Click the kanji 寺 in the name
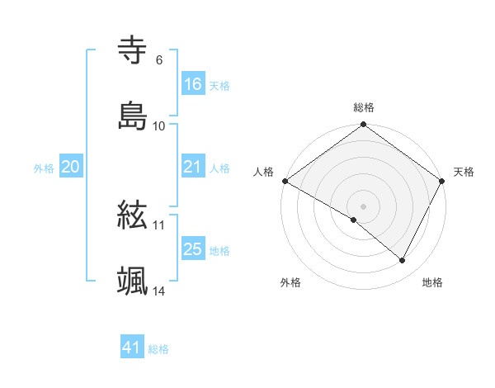(x=133, y=50)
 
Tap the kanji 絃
(x=133, y=215)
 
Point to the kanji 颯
(x=133, y=282)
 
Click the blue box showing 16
(x=193, y=84)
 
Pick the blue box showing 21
(x=193, y=167)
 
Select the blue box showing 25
(x=193, y=250)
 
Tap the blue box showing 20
(x=70, y=167)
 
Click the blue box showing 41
(x=132, y=348)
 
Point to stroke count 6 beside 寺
(x=158, y=60)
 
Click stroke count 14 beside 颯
(x=158, y=291)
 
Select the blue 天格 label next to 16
(x=219, y=85)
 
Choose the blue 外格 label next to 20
(x=44, y=168)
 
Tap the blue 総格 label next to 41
(x=158, y=349)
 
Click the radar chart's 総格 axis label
(x=364, y=107)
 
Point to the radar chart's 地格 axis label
(x=432, y=283)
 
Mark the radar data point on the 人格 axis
(x=285, y=181)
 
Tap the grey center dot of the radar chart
(x=364, y=206)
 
